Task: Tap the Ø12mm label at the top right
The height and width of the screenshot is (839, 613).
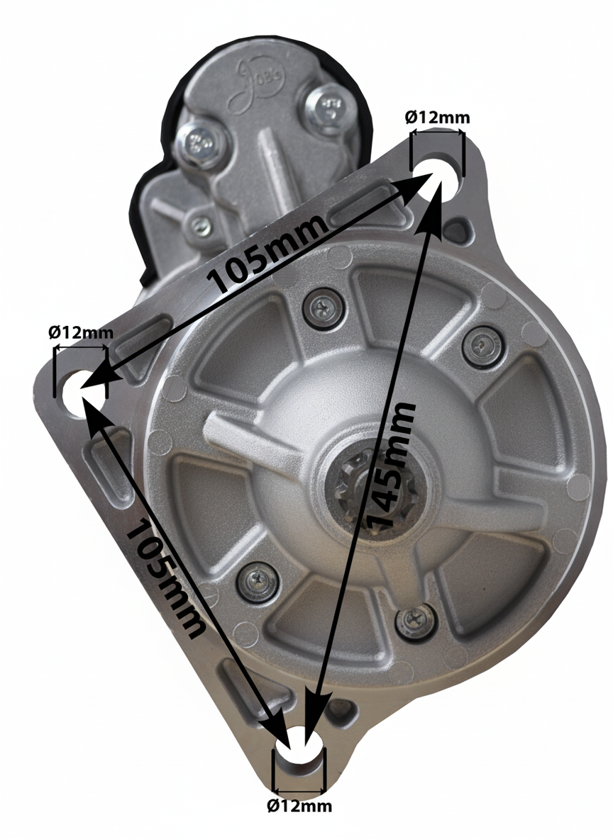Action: (437, 118)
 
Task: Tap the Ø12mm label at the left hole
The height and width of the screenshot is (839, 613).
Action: (80, 332)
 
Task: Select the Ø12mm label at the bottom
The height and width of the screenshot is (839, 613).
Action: (299, 806)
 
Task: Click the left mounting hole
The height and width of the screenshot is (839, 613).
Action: (79, 387)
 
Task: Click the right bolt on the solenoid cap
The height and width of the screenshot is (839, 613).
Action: (330, 107)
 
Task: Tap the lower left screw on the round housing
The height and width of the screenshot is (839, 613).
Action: (255, 579)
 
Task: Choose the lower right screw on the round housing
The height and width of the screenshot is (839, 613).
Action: (413, 621)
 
